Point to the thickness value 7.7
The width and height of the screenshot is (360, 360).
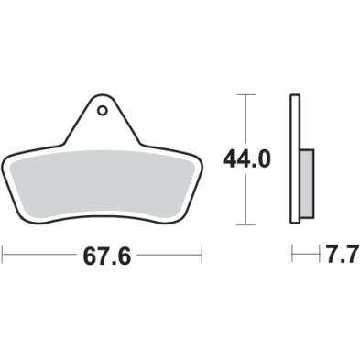click(335, 257)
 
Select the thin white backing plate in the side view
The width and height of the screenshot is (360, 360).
click(295, 159)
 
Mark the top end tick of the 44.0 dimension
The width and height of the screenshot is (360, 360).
click(244, 94)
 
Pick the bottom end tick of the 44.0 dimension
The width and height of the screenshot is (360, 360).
click(244, 224)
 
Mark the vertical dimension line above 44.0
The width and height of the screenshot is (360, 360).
click(244, 119)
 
